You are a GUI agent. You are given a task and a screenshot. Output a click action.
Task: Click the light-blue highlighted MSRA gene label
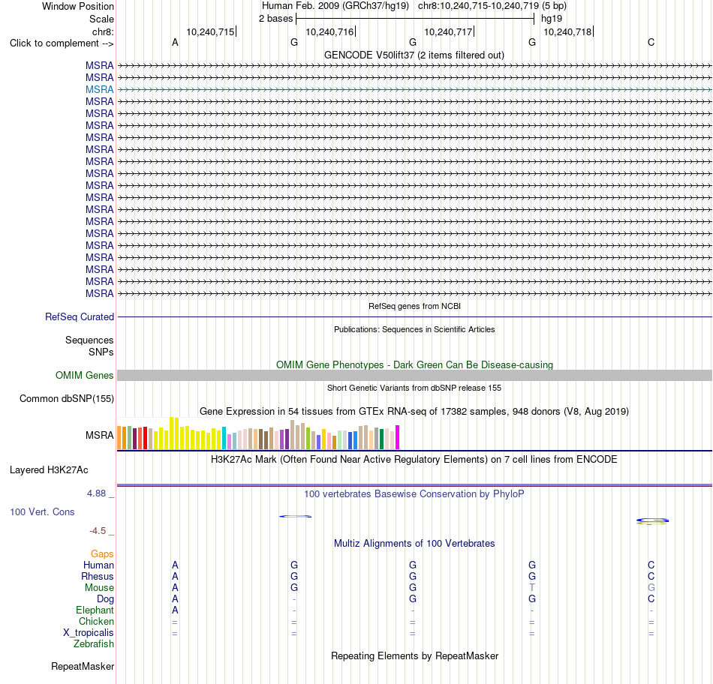click(x=99, y=89)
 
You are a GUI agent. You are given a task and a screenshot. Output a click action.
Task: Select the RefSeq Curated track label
click(x=80, y=316)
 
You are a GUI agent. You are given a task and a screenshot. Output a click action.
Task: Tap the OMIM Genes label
click(x=85, y=376)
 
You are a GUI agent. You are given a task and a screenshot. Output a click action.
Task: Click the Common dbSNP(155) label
click(x=67, y=398)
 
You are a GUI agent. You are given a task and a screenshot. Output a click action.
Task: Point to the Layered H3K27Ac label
click(x=49, y=470)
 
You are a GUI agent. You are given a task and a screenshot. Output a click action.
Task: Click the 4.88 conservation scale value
click(x=96, y=493)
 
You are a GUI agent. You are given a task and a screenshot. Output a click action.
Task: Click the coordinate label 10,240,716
click(x=329, y=31)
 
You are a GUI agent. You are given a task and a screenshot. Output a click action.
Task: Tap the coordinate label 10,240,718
click(x=567, y=31)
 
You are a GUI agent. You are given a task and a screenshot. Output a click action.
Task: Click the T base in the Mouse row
click(x=532, y=588)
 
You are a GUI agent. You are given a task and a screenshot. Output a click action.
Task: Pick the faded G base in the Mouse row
click(x=651, y=588)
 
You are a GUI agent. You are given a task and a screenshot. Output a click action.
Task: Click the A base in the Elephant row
click(x=175, y=610)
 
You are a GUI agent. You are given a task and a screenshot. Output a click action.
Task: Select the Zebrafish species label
click(x=94, y=644)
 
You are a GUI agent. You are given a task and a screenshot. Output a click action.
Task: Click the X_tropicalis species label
click(x=89, y=633)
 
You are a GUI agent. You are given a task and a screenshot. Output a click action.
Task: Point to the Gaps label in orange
click(x=102, y=553)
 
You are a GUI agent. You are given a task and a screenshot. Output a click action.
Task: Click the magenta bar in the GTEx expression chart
click(x=398, y=437)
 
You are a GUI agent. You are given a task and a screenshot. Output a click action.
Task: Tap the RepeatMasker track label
click(x=83, y=666)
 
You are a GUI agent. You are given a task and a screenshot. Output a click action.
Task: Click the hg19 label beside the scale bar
click(x=552, y=19)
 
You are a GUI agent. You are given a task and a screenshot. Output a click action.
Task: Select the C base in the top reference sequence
click(x=651, y=42)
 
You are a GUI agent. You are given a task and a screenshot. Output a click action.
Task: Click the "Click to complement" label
click(x=62, y=43)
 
